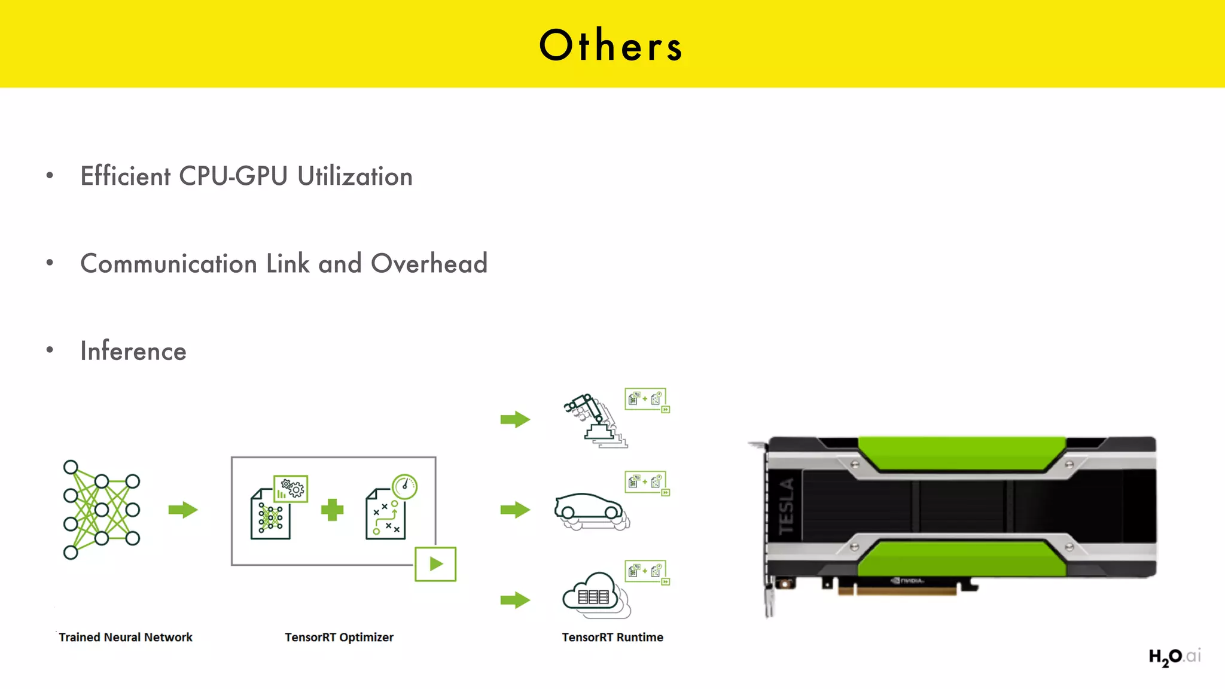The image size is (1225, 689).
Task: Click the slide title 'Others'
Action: click(611, 45)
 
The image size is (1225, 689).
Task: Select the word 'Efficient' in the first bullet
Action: click(126, 176)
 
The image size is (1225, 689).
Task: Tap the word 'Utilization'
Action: click(355, 176)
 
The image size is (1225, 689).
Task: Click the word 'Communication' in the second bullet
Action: click(169, 264)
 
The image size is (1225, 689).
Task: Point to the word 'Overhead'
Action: click(429, 264)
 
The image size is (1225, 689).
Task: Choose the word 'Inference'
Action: click(133, 351)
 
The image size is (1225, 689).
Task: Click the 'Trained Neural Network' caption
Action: click(126, 637)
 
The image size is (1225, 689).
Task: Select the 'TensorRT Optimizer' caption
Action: click(339, 637)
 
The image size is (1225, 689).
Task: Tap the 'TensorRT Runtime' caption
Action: click(612, 637)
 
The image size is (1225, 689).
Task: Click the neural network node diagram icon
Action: click(101, 510)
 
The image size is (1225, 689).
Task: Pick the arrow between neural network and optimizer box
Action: click(183, 510)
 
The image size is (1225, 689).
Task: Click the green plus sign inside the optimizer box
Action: click(332, 510)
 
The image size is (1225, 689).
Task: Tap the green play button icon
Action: click(435, 564)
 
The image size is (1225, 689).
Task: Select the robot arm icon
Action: click(593, 420)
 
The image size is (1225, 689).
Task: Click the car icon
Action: click(590, 510)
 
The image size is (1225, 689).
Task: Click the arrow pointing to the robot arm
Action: click(515, 419)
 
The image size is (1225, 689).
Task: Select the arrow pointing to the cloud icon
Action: click(515, 600)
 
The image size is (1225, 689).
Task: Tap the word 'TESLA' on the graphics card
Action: click(786, 507)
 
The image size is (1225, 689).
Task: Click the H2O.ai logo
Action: click(1174, 657)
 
